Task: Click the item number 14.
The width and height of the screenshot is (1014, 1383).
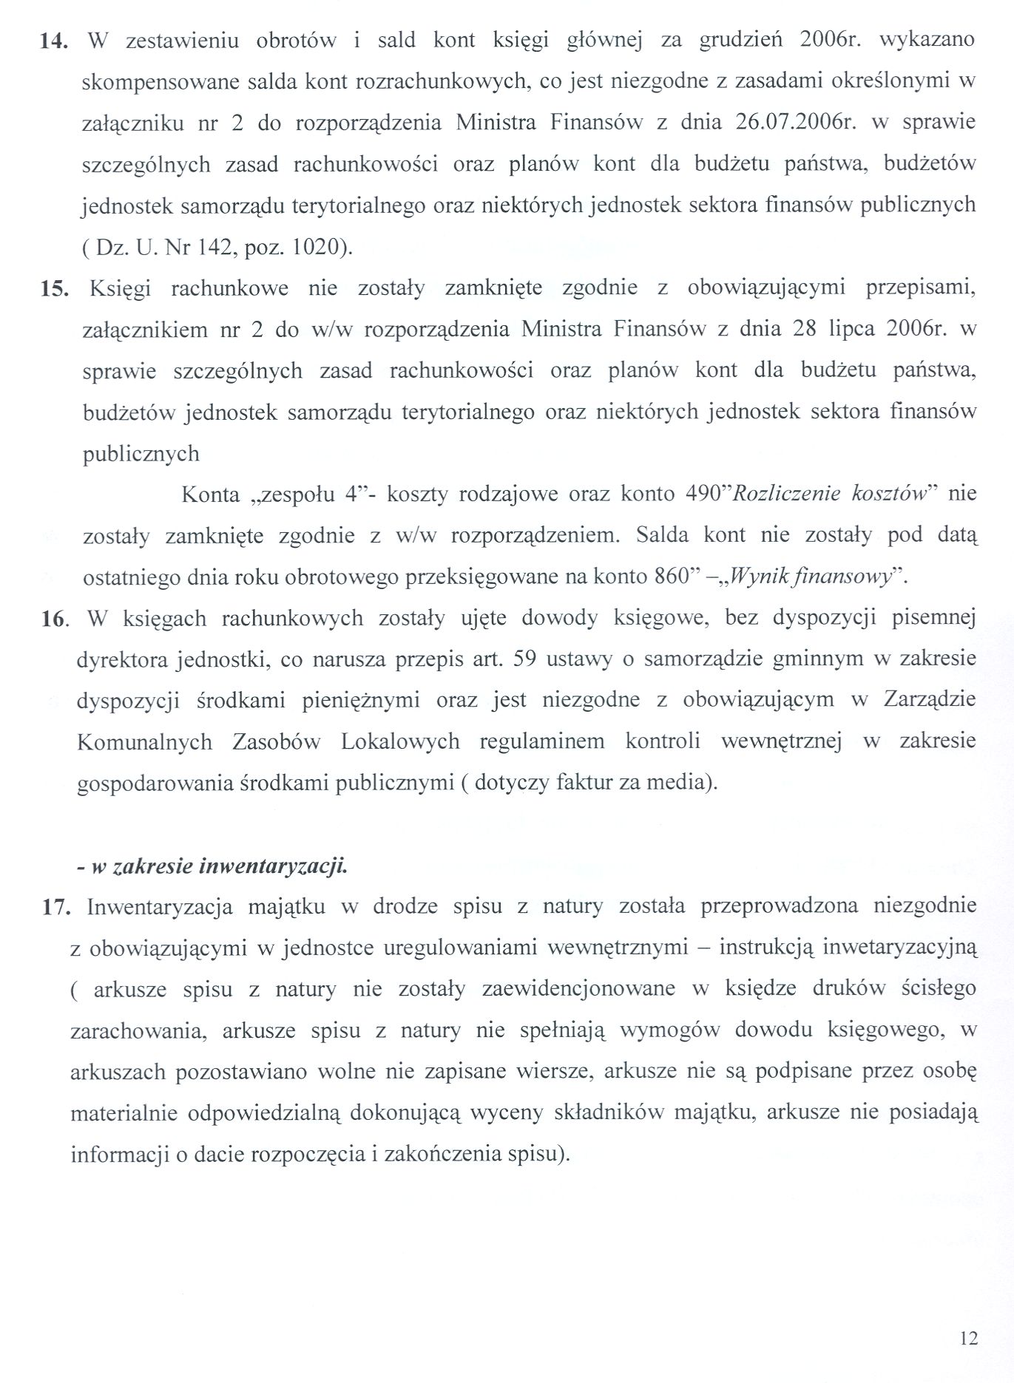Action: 53,41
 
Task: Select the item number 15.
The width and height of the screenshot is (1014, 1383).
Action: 53,288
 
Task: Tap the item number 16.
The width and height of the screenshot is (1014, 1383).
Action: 54,618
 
